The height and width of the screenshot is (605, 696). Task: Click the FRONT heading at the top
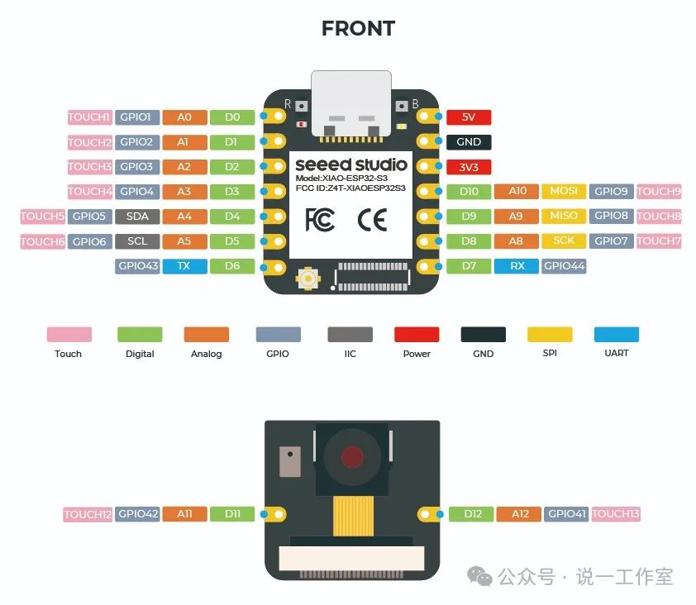(x=358, y=28)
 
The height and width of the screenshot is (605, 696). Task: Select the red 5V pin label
(x=469, y=117)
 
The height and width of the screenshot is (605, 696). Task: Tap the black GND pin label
(x=469, y=142)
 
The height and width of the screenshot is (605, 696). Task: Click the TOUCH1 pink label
(x=88, y=117)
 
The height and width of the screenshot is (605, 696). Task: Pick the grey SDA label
(x=137, y=217)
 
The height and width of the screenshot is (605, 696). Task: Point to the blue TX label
(x=185, y=266)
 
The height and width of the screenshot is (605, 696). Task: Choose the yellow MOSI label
(x=564, y=192)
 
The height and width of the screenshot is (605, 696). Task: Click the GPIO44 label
(x=564, y=266)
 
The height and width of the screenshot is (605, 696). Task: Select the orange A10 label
(x=517, y=192)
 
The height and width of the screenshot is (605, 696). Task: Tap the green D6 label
(x=232, y=266)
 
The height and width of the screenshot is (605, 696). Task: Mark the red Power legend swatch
(x=417, y=334)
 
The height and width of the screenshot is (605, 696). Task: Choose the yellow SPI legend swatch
(x=550, y=334)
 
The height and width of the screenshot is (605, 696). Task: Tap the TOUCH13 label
(x=616, y=514)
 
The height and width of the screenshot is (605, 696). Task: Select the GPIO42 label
(x=137, y=514)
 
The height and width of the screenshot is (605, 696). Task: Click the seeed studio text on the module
(x=350, y=164)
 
